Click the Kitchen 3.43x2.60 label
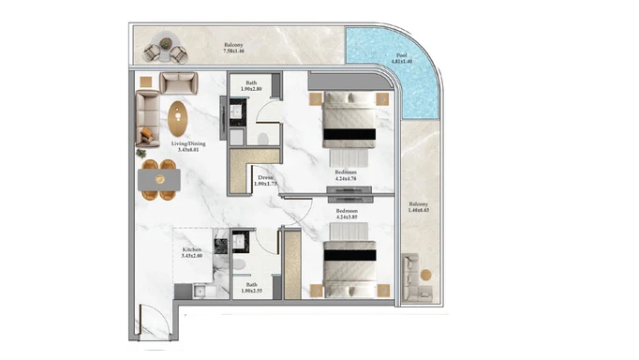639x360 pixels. [194, 254]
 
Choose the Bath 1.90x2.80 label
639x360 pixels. [251, 87]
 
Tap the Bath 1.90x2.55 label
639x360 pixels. [251, 290]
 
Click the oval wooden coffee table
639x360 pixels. [178, 119]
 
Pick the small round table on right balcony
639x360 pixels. [424, 275]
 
